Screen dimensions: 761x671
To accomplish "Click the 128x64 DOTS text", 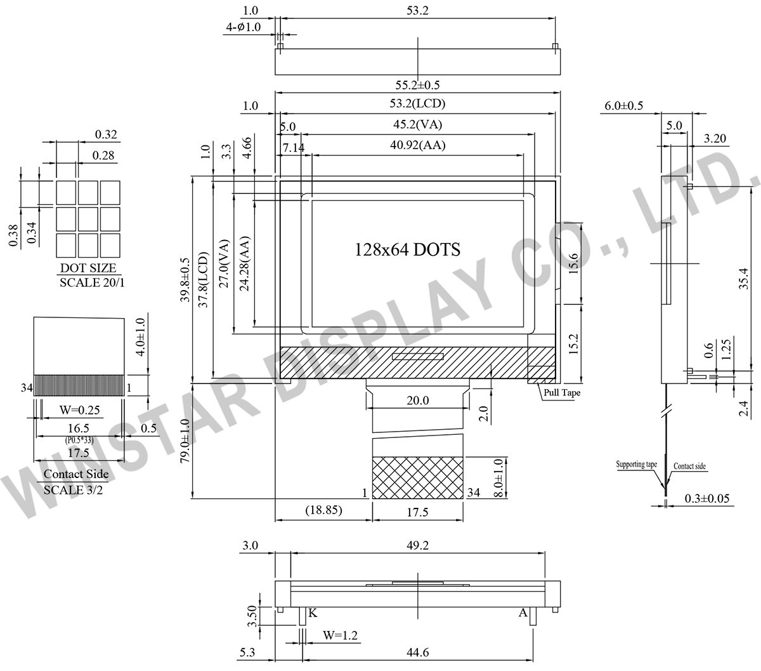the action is (407, 249).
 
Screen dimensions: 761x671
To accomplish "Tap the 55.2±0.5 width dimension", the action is (417, 85).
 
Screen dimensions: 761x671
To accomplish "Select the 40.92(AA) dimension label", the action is (418, 145).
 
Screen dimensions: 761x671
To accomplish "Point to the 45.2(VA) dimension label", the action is (418, 124).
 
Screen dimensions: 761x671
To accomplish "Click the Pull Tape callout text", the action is (562, 393).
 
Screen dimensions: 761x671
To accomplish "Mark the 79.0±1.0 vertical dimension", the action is (186, 441).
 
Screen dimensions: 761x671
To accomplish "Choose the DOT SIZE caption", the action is (88, 268).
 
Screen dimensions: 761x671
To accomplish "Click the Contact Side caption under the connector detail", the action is (76, 474).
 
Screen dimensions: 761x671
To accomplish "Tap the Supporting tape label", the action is (636, 464).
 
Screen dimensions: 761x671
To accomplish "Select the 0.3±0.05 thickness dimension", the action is (707, 498).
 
